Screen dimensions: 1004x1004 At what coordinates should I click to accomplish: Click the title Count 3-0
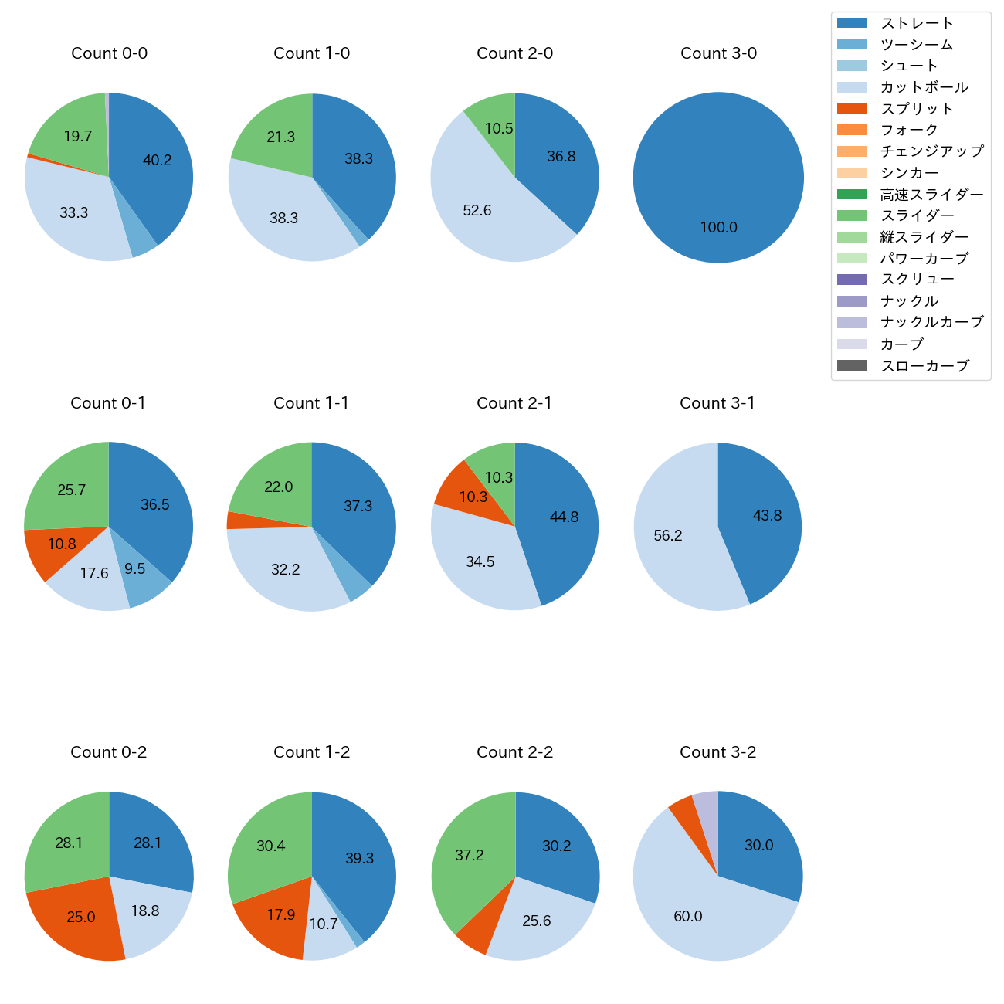pos(718,53)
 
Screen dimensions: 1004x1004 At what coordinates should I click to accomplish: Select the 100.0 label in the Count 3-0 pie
pos(718,227)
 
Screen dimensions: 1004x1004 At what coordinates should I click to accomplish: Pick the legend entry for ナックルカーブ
pos(931,322)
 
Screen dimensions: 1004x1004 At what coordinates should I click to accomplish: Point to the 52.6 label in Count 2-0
pos(477,210)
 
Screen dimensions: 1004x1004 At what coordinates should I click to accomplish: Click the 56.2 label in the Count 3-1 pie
pos(668,535)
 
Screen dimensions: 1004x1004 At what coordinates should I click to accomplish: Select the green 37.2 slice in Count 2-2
pos(467,857)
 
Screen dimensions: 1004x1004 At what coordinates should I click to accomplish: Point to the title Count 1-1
pos(311,403)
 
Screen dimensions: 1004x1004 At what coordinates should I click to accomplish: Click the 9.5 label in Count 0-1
pos(134,568)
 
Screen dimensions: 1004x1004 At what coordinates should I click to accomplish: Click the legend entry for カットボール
pos(924,87)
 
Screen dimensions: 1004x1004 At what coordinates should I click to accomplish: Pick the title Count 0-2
pos(109,752)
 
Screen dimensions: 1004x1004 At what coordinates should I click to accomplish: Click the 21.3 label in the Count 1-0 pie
pos(281,137)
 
